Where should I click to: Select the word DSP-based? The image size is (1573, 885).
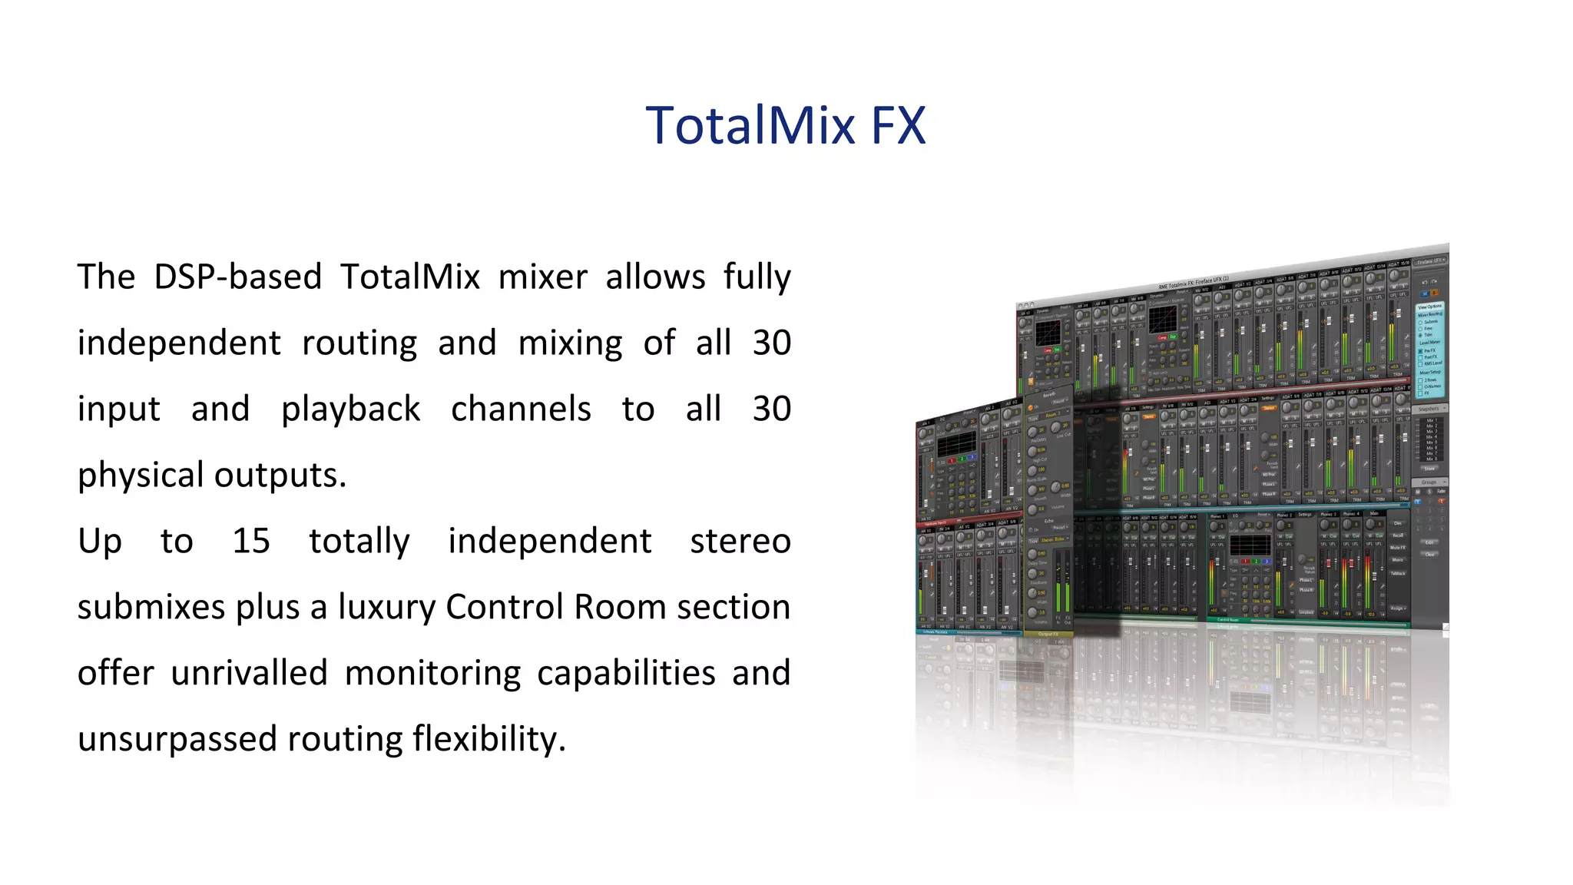[x=237, y=277]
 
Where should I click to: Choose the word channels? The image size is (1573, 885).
[x=521, y=409]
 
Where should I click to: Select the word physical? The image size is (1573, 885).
[x=140, y=476]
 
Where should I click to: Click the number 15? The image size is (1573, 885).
[x=251, y=542]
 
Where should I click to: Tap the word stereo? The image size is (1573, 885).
[x=740, y=542]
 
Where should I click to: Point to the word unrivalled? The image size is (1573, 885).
[x=249, y=674]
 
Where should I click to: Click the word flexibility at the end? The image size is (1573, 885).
[x=488, y=740]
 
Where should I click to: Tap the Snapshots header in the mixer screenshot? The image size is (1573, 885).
[x=1429, y=409]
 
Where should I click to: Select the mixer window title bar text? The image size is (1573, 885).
[x=1194, y=283]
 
